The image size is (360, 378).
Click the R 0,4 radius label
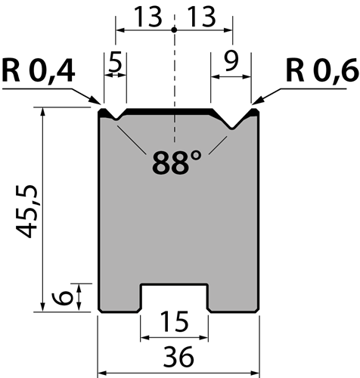[39, 70]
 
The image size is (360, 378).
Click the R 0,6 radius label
[322, 70]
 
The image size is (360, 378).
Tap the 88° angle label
[177, 162]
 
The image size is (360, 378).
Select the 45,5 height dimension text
[26, 211]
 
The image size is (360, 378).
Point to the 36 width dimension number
[178, 357]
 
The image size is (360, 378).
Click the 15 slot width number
[175, 321]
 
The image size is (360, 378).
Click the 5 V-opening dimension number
[115, 62]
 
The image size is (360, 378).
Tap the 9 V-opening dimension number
[231, 62]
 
